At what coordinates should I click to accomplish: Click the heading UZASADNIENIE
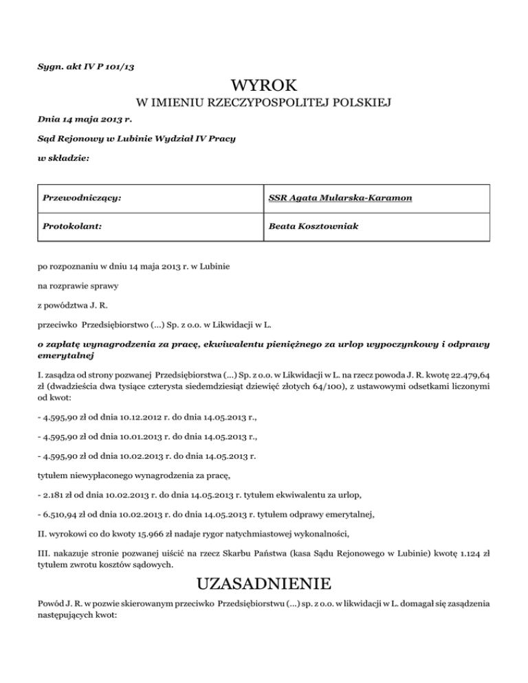(264, 585)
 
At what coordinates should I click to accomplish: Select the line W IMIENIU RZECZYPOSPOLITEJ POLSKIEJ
(264, 104)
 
